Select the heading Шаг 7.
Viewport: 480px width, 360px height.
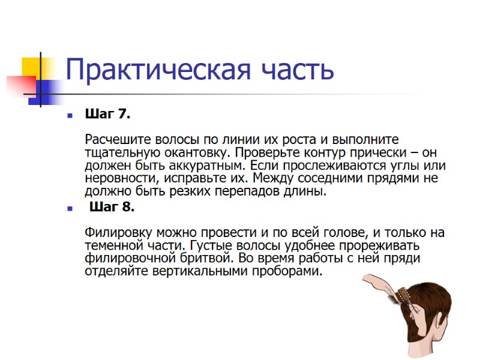pos(108,113)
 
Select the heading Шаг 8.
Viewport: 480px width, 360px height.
pos(112,208)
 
